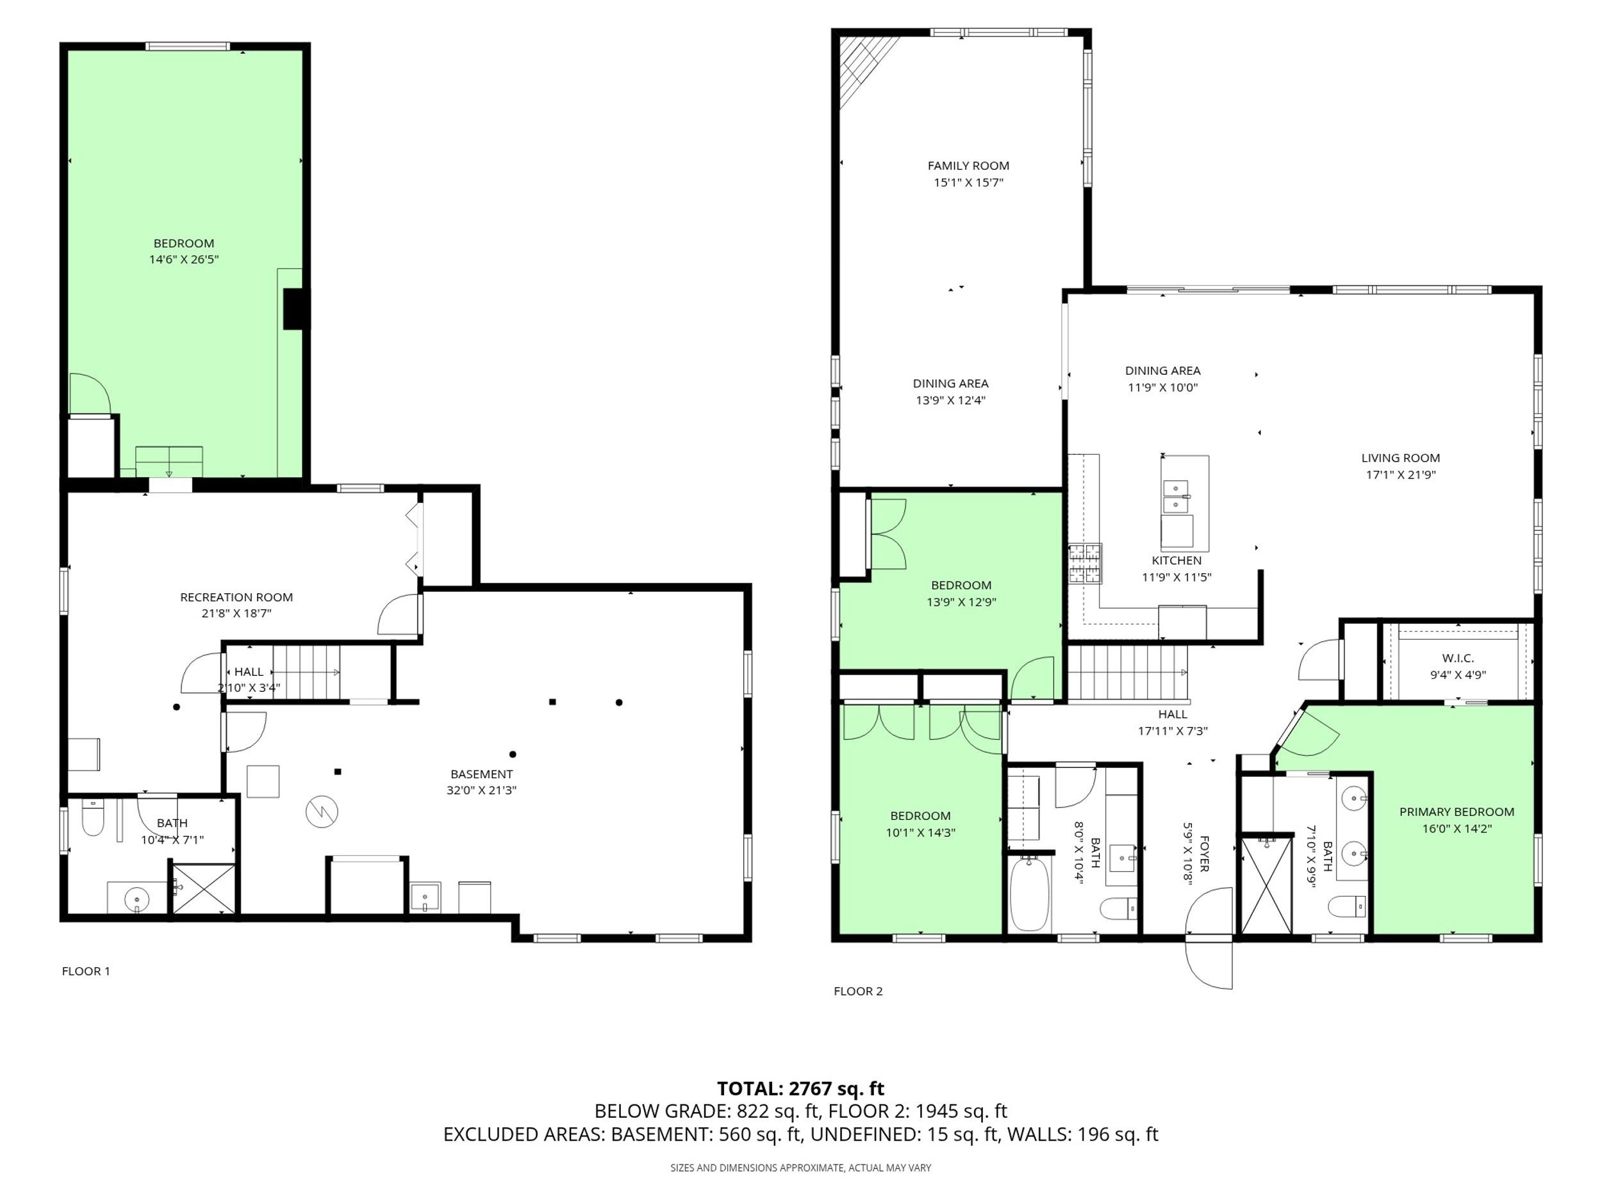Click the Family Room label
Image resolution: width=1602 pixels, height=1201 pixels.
(x=968, y=166)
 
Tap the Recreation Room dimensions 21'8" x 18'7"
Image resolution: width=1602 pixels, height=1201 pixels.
(x=236, y=613)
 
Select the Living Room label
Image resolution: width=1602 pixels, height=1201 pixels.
(x=1401, y=457)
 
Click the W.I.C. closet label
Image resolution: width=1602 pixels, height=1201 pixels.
(x=1458, y=658)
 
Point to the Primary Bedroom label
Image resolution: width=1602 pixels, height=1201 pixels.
(x=1457, y=812)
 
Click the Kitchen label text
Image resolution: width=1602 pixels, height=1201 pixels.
(x=1177, y=560)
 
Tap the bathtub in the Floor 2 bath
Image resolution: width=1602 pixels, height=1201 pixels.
(x=1029, y=895)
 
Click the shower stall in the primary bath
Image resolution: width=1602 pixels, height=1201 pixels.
(x=1267, y=885)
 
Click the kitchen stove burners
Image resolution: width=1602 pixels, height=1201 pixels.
(x=1086, y=564)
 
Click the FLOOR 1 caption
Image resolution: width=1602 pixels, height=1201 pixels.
(x=86, y=972)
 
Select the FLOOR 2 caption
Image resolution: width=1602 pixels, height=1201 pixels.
(x=858, y=991)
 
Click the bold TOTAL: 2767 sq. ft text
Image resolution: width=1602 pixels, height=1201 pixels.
(x=801, y=1089)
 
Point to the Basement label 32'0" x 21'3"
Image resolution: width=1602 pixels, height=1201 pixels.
(x=482, y=782)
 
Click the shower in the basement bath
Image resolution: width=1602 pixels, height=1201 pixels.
(x=204, y=888)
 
